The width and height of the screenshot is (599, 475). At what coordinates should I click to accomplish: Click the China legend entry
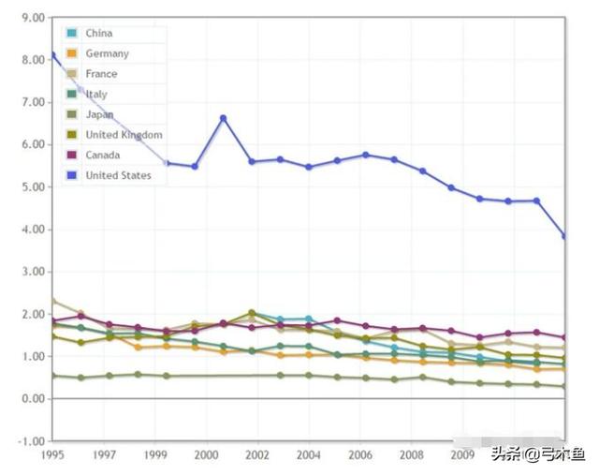(98, 34)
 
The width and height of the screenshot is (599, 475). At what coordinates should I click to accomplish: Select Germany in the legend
(107, 54)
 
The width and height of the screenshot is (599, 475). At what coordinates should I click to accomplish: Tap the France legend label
(101, 74)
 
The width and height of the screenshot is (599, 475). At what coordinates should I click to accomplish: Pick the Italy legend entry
(96, 95)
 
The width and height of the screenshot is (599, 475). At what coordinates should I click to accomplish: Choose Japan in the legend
(99, 114)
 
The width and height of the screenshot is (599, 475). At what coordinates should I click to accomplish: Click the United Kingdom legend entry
(124, 135)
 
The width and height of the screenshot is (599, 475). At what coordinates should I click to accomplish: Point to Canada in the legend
(103, 155)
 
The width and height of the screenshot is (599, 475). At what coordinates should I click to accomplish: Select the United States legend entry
(118, 175)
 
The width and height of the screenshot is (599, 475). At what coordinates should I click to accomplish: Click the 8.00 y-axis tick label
(32, 60)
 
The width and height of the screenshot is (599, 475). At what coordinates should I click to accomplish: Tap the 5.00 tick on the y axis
(32, 187)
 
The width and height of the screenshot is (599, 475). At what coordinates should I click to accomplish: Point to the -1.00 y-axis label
(31, 441)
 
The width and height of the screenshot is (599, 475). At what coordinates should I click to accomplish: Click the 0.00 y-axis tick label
(32, 399)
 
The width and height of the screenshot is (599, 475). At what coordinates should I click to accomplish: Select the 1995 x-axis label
(52, 455)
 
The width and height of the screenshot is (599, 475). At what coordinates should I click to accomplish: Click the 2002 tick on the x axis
(257, 455)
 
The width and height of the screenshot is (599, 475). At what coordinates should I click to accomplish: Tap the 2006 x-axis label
(360, 455)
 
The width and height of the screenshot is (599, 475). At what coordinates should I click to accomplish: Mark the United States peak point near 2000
(224, 118)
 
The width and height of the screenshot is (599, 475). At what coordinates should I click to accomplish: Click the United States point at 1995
(53, 55)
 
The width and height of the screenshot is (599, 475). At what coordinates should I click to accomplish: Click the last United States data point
(564, 236)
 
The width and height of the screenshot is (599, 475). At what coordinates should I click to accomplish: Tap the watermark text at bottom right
(537, 454)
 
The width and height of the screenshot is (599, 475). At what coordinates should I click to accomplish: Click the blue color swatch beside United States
(72, 175)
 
